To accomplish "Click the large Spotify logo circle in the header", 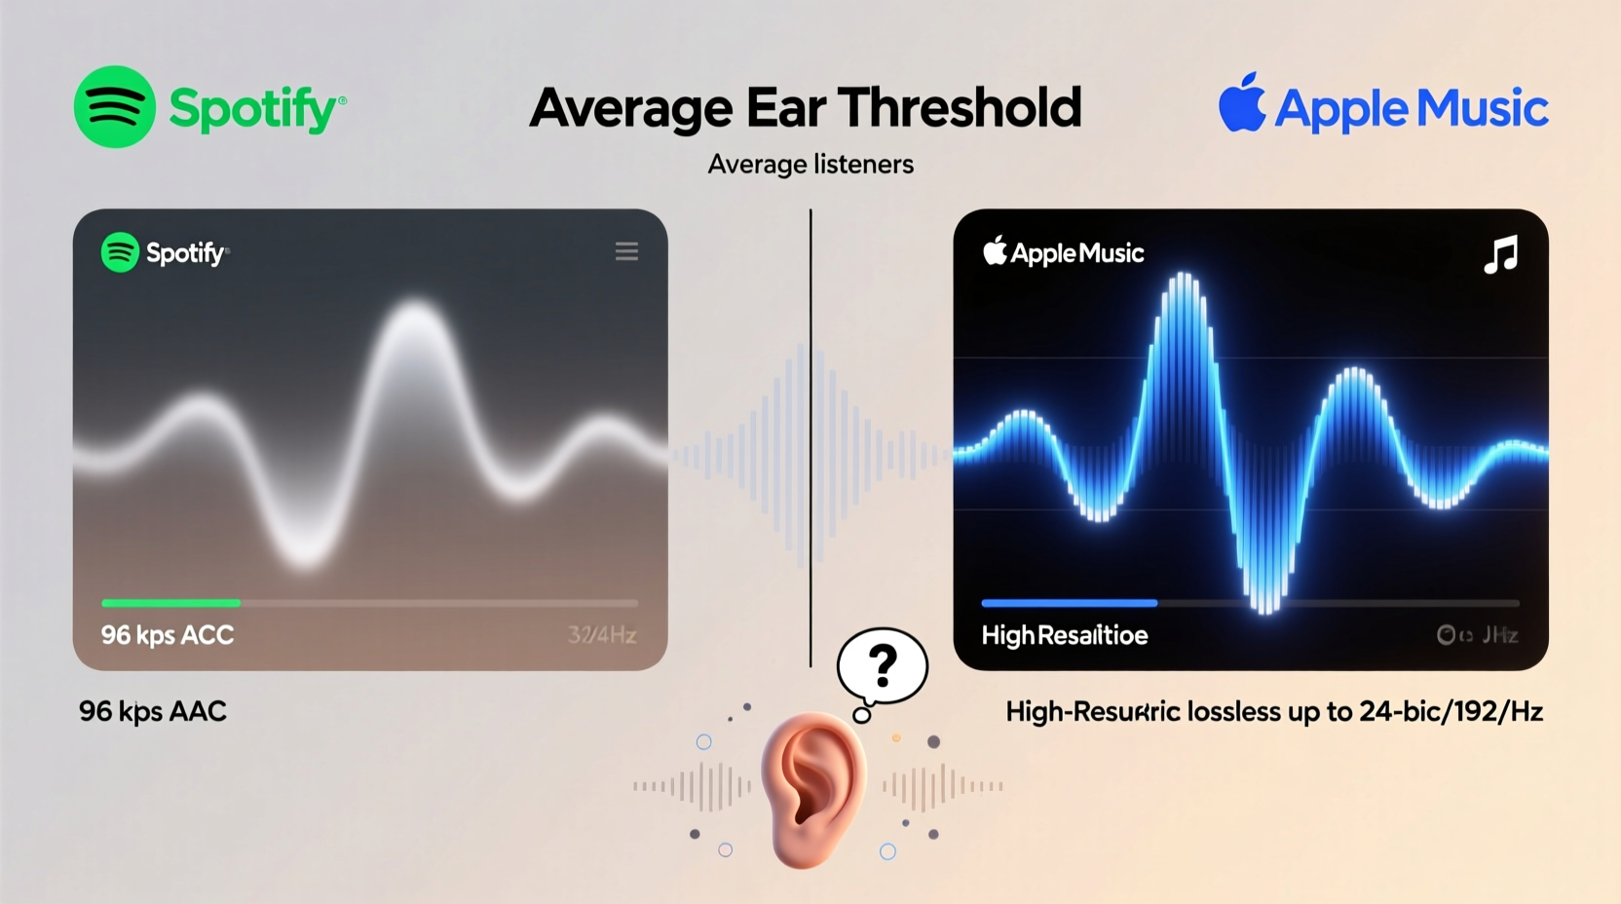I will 115,107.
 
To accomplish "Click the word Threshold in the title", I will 960,108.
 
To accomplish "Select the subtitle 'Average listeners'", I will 810,165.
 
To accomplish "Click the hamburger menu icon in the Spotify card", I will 626,252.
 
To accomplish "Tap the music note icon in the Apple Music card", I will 1501,254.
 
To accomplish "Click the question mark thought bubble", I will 883,666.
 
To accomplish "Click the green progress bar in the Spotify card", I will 171,603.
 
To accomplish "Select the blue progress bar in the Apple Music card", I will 1069,603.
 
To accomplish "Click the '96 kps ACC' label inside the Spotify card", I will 168,636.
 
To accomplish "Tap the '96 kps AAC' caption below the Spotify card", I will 153,712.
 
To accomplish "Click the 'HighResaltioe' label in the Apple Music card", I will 1065,636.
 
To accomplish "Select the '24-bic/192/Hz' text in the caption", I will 1451,712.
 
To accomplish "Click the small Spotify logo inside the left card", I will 120,252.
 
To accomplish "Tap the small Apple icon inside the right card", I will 995,251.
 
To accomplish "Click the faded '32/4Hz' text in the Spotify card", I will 602,636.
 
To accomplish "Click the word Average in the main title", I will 630,108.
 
